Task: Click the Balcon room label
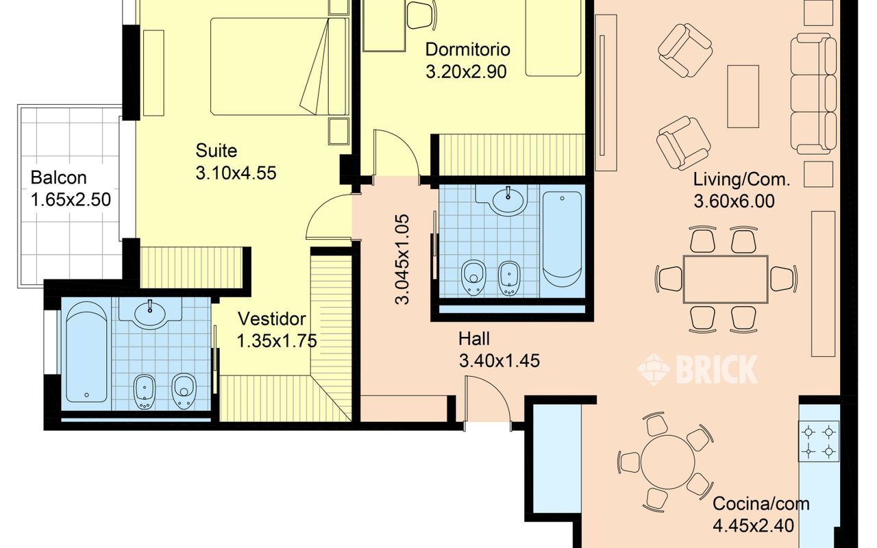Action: click(x=58, y=178)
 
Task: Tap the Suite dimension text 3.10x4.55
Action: click(x=236, y=173)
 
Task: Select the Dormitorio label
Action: click(x=467, y=50)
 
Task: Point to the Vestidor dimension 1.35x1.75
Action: click(x=277, y=341)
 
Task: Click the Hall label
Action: click(x=473, y=339)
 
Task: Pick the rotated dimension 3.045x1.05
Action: click(x=402, y=259)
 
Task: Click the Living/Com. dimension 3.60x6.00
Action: click(x=734, y=201)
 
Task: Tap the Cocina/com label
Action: click(x=761, y=503)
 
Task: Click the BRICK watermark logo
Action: click(x=697, y=369)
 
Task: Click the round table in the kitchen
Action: click(x=667, y=462)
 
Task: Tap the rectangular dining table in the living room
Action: click(x=726, y=279)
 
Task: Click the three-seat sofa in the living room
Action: click(x=813, y=94)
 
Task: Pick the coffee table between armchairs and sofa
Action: click(x=743, y=97)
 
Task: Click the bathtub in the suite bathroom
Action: click(x=86, y=352)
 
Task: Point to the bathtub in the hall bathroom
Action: click(x=562, y=239)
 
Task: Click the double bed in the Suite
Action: click(x=280, y=66)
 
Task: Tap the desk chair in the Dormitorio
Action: click(x=421, y=15)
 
